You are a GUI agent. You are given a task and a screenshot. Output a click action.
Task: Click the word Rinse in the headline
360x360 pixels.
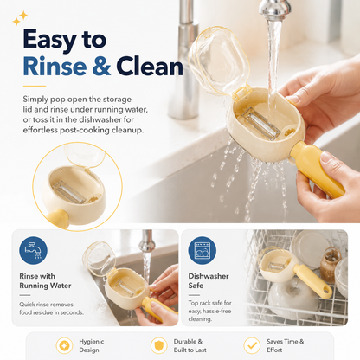pyautogui.click(x=55, y=67)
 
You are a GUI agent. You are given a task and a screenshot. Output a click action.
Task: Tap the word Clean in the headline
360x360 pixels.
pyautogui.click(x=150, y=67)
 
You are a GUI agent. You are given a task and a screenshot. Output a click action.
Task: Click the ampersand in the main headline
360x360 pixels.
pyautogui.click(x=101, y=67)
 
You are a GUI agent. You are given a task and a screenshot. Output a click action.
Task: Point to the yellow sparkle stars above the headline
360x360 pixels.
pyautogui.click(x=20, y=18)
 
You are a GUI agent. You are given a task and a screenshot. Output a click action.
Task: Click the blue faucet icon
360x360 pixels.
pyautogui.click(x=33, y=250)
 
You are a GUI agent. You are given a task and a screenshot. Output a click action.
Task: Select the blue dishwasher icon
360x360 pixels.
pyautogui.click(x=202, y=250)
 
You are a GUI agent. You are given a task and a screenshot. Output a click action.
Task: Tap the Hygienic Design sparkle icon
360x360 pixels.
pyautogui.click(x=64, y=345)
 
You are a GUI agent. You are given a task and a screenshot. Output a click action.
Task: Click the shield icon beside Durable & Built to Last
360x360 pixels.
pyautogui.click(x=158, y=345)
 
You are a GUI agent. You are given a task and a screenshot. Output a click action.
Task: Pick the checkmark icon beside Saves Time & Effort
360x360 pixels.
pyautogui.click(x=252, y=345)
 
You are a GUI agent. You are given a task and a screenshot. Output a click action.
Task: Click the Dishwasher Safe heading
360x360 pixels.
pyautogui.click(x=209, y=280)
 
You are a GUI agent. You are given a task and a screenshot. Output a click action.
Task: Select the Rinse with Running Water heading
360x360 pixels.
pyautogui.click(x=45, y=280)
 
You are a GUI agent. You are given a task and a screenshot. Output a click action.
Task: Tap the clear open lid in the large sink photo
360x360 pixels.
pyautogui.click(x=218, y=61)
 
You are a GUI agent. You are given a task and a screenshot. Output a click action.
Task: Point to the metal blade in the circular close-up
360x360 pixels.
pyautogui.click(x=69, y=192)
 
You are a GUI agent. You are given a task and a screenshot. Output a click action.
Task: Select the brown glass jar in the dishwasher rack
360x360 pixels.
pyautogui.click(x=331, y=266)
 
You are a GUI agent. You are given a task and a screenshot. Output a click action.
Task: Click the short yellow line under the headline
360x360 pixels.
pyautogui.click(x=35, y=86)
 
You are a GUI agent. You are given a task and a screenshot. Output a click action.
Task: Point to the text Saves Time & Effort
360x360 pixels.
pyautogui.click(x=285, y=345)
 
